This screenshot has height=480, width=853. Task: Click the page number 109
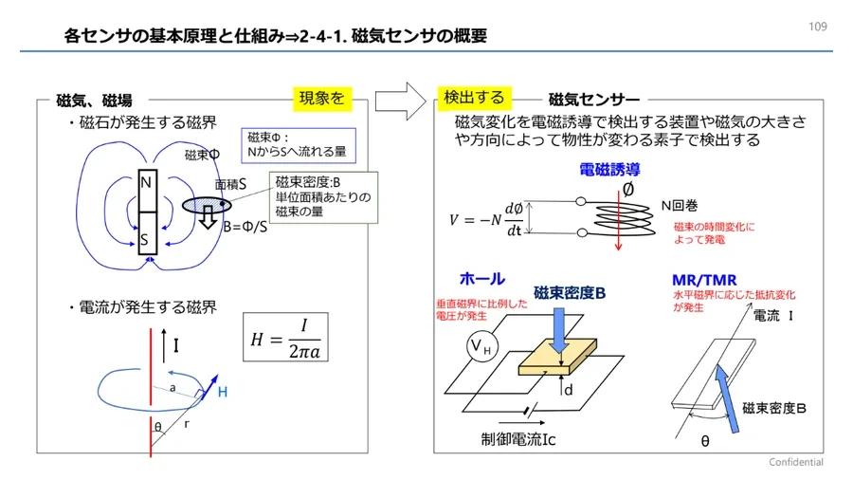pyautogui.click(x=818, y=27)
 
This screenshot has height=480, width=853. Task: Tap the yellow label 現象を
pyautogui.click(x=322, y=99)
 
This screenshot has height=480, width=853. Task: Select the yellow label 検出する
pyautogui.click(x=475, y=98)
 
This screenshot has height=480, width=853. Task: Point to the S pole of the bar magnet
pyautogui.click(x=148, y=234)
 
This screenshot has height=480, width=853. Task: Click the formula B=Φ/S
pyautogui.click(x=245, y=227)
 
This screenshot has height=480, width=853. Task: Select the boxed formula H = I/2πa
pyautogui.click(x=285, y=337)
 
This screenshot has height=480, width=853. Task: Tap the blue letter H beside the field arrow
pyautogui.click(x=223, y=392)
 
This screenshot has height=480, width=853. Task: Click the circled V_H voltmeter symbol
pyautogui.click(x=481, y=346)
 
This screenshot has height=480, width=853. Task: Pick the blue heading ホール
pyautogui.click(x=482, y=279)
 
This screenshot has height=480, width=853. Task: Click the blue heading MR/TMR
pyautogui.click(x=704, y=280)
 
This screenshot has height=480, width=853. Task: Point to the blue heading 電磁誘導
pyautogui.click(x=609, y=170)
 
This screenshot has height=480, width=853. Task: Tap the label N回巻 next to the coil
pyautogui.click(x=680, y=206)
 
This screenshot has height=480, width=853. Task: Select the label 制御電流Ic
pyautogui.click(x=518, y=439)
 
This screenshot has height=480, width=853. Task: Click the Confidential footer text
pyautogui.click(x=796, y=462)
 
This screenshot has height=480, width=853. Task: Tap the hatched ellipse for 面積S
pyautogui.click(x=207, y=205)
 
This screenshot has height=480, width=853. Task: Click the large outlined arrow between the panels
pyautogui.click(x=400, y=102)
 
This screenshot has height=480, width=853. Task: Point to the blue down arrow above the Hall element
pyautogui.click(x=558, y=330)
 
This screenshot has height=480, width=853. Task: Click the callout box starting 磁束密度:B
pyautogui.click(x=323, y=197)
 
